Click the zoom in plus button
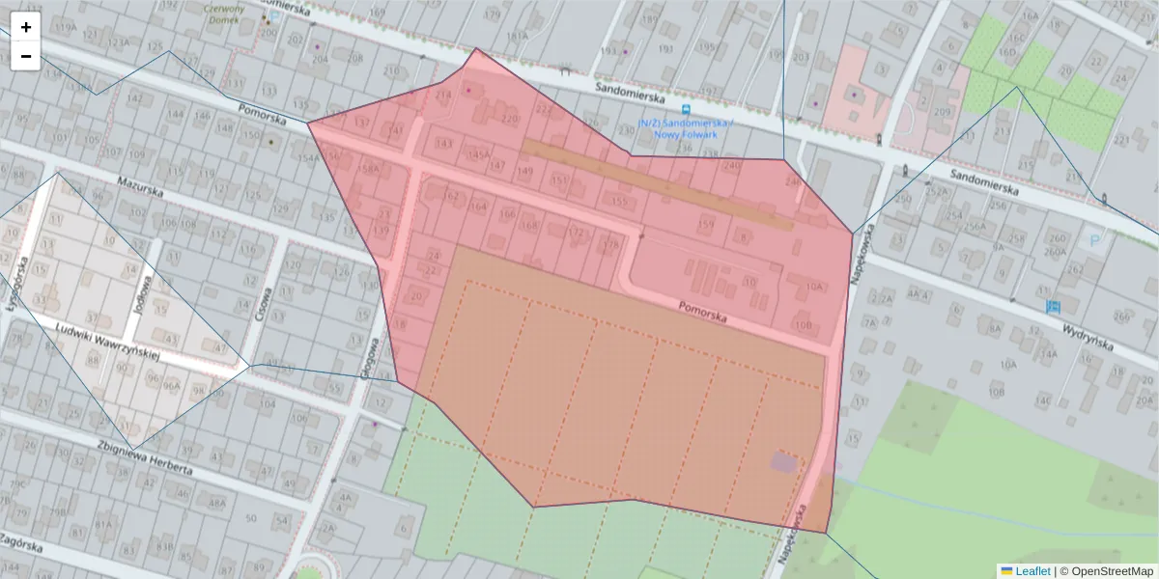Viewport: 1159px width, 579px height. (26, 27)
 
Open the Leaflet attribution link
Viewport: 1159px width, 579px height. (1032, 571)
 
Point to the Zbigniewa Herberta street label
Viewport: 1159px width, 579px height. (146, 457)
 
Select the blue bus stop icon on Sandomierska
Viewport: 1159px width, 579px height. (686, 110)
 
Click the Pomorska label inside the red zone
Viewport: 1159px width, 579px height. (702, 311)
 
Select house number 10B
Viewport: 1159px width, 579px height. (803, 324)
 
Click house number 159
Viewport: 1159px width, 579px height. (706, 224)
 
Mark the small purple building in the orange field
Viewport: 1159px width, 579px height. (783, 462)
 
